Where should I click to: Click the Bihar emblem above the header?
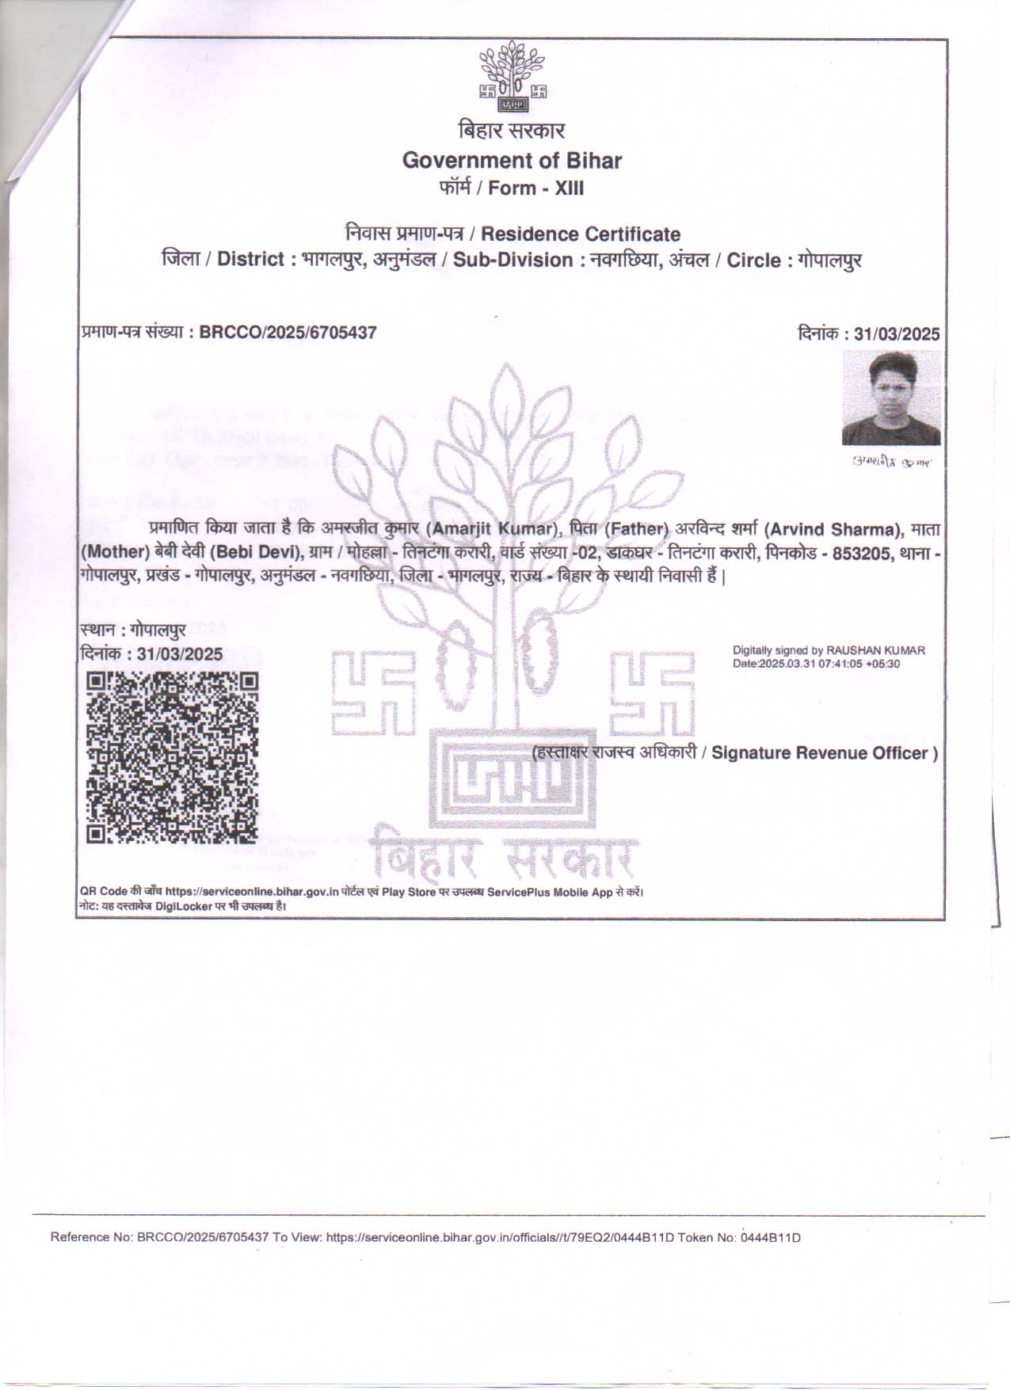coord(513,78)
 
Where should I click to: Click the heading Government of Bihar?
coord(512,161)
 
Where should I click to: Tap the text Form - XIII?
coord(536,189)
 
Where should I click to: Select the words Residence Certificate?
coord(581,234)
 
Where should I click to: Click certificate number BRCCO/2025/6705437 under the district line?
coord(288,333)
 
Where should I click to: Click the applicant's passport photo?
coord(891,398)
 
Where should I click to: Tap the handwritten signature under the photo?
coord(892,461)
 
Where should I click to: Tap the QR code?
coord(172,758)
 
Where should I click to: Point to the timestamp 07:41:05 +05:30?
coord(860,664)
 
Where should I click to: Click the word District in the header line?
coord(250,260)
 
